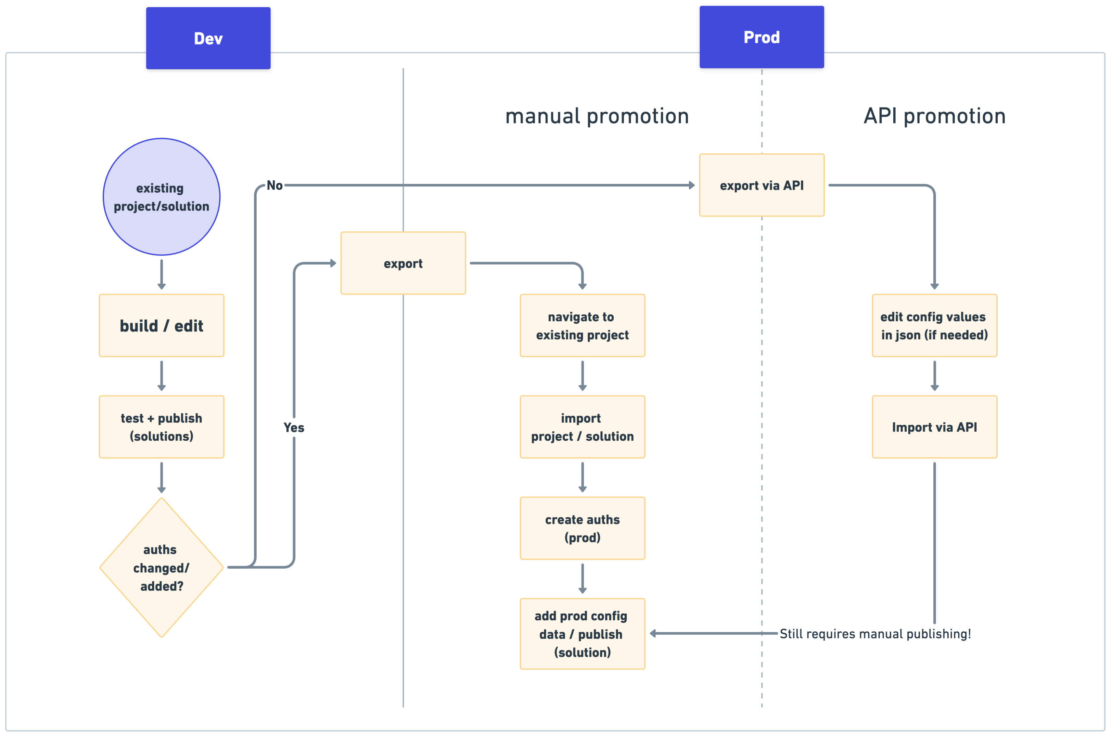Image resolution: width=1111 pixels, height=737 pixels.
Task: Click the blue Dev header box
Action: pyautogui.click(x=208, y=38)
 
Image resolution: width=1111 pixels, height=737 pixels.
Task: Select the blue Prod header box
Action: pyautogui.click(x=761, y=37)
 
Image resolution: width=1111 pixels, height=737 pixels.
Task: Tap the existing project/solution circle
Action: pyautogui.click(x=161, y=197)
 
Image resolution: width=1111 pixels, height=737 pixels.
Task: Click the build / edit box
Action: pyautogui.click(x=161, y=326)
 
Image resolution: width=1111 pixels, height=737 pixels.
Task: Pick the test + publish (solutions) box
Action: pyautogui.click(x=161, y=427)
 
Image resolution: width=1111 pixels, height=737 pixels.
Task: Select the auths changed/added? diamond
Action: pyautogui.click(x=161, y=567)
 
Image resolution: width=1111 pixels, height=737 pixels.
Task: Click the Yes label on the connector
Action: pyautogui.click(x=294, y=428)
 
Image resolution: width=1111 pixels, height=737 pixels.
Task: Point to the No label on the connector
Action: pyautogui.click(x=275, y=185)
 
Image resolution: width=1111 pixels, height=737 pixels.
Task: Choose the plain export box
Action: pyautogui.click(x=403, y=263)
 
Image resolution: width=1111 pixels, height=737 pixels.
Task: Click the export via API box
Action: pyautogui.click(x=761, y=185)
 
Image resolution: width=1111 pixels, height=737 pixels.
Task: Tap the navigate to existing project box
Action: pyautogui.click(x=582, y=326)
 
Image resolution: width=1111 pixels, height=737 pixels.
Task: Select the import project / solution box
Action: pyautogui.click(x=582, y=427)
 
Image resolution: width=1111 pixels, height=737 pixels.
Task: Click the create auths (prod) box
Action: pyautogui.click(x=582, y=528)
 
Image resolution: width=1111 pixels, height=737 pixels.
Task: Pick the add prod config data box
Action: pyautogui.click(x=582, y=634)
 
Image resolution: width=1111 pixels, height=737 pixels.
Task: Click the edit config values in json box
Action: pyautogui.click(x=934, y=326)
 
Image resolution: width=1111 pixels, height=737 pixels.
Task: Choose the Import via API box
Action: pyautogui.click(x=934, y=427)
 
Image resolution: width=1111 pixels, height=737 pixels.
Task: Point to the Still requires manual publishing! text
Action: pyautogui.click(x=875, y=634)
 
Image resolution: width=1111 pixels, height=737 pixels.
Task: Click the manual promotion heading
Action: pyautogui.click(x=597, y=116)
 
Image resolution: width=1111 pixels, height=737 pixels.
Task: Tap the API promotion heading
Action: pyautogui.click(x=934, y=116)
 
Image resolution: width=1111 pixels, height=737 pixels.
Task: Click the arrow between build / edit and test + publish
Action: pyautogui.click(x=161, y=376)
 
